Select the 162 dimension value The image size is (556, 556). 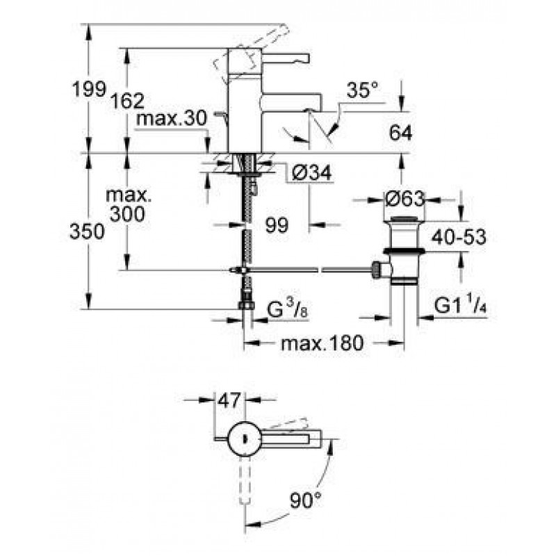click(127, 101)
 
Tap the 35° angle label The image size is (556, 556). click(363, 90)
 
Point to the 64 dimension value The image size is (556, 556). click(401, 132)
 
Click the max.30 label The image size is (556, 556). click(172, 119)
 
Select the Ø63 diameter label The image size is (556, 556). click(404, 199)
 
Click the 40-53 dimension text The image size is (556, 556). click(457, 236)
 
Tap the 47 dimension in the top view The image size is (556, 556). click(230, 400)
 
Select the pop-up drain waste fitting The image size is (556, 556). click(402, 250)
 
